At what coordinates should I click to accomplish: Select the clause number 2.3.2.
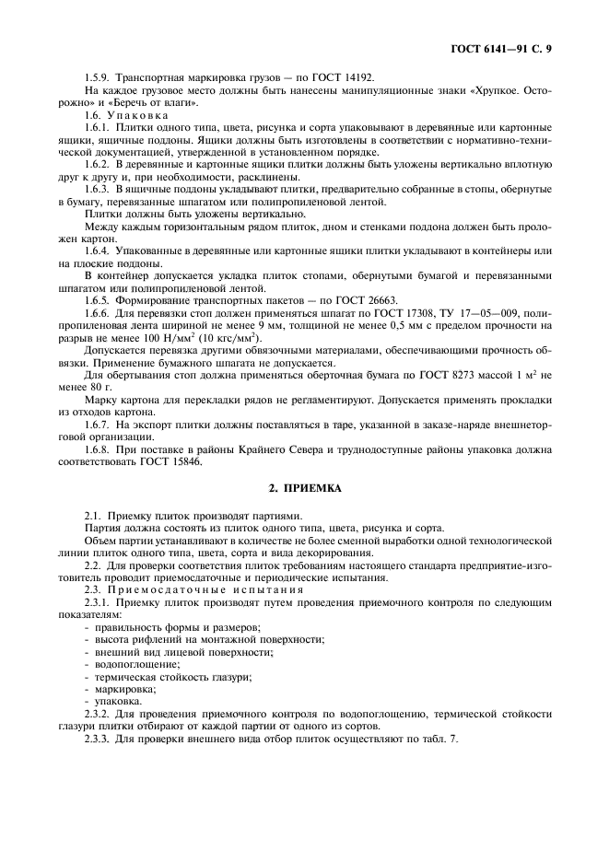[x=98, y=713]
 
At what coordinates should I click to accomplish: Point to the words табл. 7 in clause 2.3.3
[x=435, y=739]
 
